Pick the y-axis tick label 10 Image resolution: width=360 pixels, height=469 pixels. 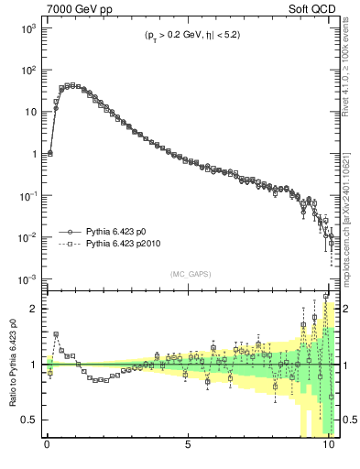click(29, 113)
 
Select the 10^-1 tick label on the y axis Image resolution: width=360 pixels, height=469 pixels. click(27, 195)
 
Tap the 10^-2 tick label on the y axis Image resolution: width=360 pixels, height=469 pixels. click(27, 237)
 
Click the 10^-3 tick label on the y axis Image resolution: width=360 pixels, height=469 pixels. click(27, 278)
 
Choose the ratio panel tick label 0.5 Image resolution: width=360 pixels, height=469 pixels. click(29, 420)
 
